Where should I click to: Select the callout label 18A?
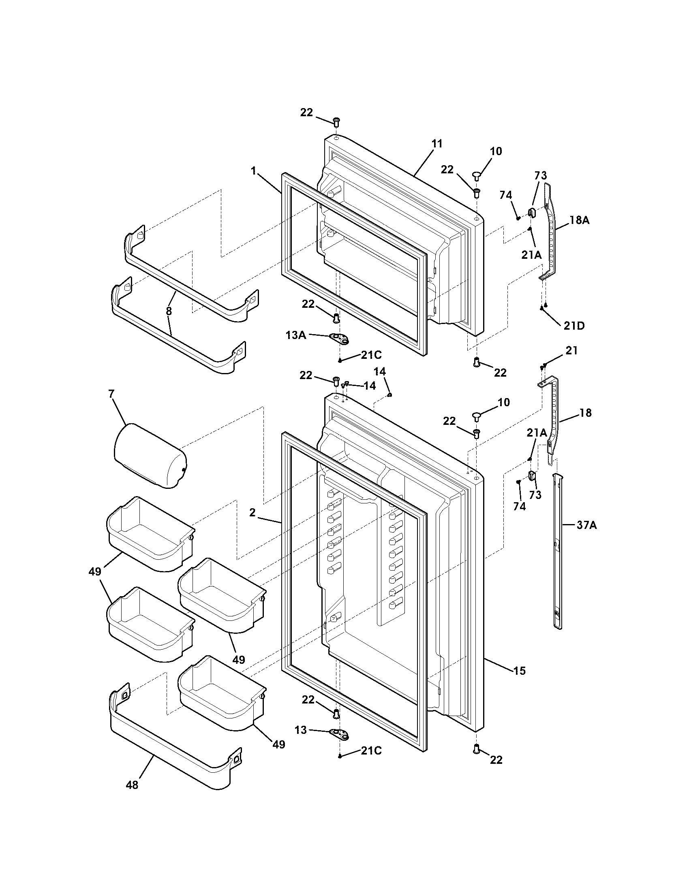click(579, 220)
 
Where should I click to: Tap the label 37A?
click(586, 525)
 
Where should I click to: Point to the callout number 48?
click(132, 784)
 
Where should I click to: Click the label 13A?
click(295, 335)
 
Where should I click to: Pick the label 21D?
click(574, 326)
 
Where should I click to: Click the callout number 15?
click(519, 670)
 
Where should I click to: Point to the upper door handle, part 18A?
click(550, 232)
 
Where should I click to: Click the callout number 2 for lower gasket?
click(252, 513)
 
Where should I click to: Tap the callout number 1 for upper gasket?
click(253, 171)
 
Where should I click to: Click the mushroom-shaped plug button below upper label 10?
click(476, 175)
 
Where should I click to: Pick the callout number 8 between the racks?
click(169, 311)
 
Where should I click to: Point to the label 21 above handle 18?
click(571, 350)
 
